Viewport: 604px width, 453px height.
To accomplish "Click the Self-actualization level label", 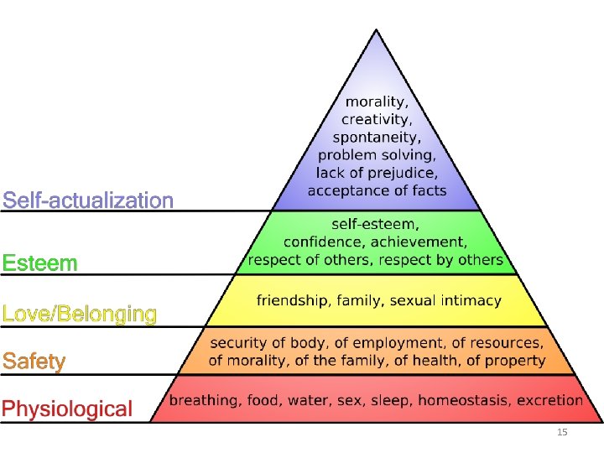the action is pyautogui.click(x=88, y=200).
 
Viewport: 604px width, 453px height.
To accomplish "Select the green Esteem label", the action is pyautogui.click(x=39, y=263).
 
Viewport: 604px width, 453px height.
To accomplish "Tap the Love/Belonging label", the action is pyautogui.click(x=80, y=315).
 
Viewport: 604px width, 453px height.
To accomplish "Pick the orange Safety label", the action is pyautogui.click(x=34, y=362).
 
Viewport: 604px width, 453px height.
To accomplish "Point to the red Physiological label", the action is pyautogui.click(x=67, y=409).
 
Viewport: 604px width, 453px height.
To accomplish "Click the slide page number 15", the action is pyautogui.click(x=562, y=432).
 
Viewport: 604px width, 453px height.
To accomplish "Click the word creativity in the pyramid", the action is pyautogui.click(x=375, y=120).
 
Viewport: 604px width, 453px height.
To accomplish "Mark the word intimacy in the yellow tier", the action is pyautogui.click(x=471, y=299).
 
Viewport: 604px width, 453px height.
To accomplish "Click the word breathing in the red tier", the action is pyautogui.click(x=202, y=400).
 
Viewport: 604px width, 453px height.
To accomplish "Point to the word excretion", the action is pyautogui.click(x=549, y=400).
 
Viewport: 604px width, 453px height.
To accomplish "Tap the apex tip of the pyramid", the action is pyautogui.click(x=375, y=30).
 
